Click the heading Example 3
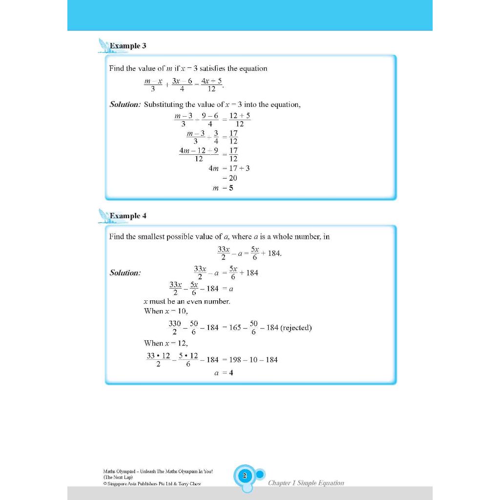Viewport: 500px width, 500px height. click(128, 46)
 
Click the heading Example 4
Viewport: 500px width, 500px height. click(128, 216)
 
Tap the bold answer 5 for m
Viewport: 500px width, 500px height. click(231, 188)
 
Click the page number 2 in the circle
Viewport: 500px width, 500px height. click(245, 475)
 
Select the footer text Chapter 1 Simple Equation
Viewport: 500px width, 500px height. click(306, 483)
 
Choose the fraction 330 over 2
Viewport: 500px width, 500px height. click(175, 328)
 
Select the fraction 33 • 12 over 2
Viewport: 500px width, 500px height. click(158, 360)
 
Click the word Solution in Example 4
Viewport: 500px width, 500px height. click(125, 273)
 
